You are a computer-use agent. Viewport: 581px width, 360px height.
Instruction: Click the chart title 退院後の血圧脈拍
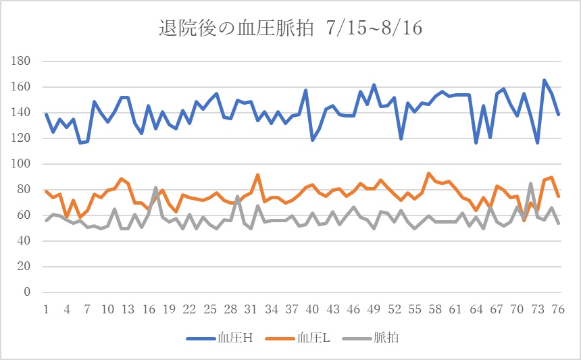point(236,28)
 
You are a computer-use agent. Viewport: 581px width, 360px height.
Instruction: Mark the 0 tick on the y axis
point(27,292)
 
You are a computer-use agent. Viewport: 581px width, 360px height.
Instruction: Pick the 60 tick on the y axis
point(24,215)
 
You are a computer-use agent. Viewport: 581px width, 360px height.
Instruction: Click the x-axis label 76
point(558,309)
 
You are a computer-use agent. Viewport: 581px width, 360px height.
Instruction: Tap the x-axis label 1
point(46,309)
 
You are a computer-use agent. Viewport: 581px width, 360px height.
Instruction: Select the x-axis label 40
point(312,309)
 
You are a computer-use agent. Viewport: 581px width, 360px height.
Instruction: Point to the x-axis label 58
point(435,309)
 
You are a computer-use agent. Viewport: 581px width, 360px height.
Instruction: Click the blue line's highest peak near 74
point(545,80)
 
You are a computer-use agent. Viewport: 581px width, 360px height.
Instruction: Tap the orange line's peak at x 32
point(258,175)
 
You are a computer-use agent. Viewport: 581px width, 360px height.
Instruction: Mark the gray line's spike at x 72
point(531,184)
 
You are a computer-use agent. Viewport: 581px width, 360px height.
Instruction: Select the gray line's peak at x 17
point(155,188)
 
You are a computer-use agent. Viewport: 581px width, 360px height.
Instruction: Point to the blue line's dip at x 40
point(312,140)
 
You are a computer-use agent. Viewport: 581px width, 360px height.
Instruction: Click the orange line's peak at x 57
point(428,174)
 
